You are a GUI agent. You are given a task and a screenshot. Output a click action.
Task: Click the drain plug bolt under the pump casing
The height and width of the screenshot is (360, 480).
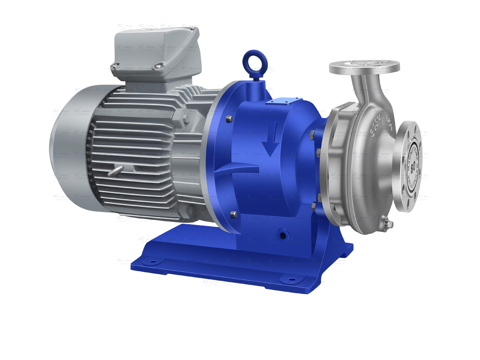(387, 224)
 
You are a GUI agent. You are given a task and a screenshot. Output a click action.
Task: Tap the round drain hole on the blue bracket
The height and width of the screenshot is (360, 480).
(283, 235)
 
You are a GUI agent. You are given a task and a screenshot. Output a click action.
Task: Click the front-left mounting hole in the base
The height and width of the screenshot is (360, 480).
(153, 262)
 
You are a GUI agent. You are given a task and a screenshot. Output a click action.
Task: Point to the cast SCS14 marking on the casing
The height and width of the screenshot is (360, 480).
(379, 122)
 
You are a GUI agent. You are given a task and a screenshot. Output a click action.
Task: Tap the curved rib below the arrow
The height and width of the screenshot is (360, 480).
(240, 169)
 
